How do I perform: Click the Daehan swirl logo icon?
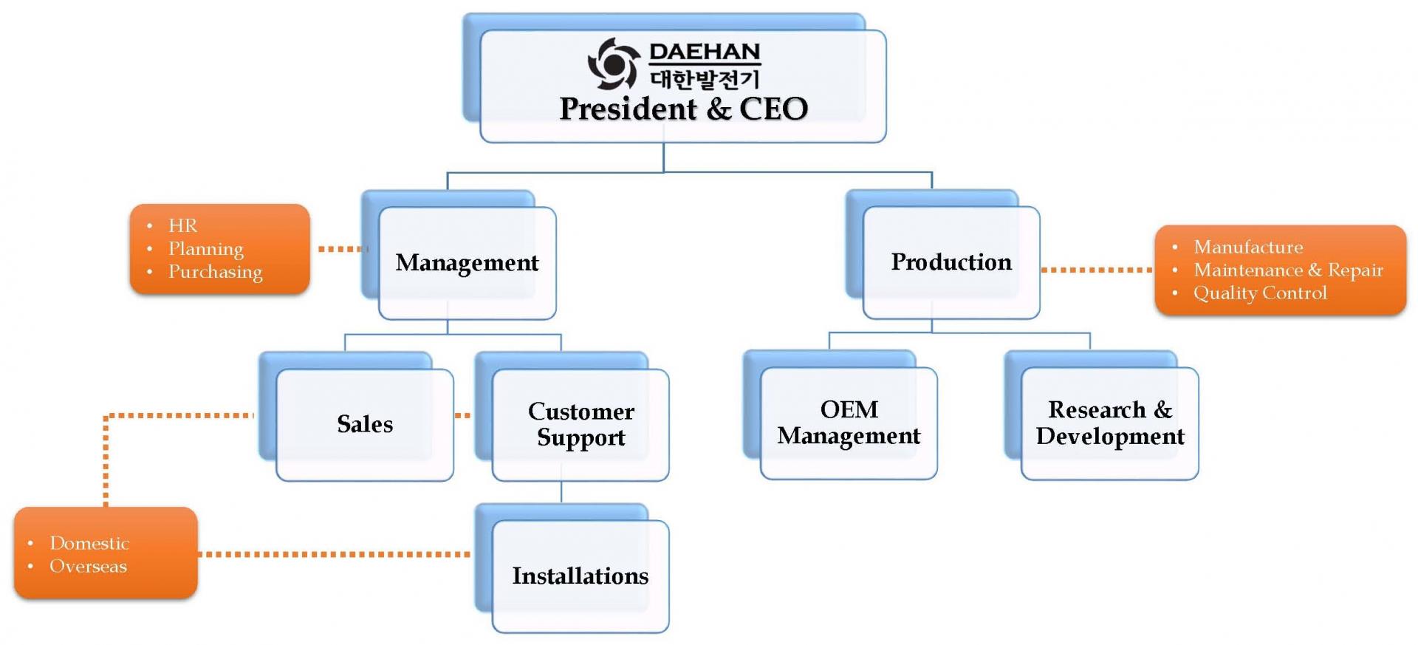tap(613, 64)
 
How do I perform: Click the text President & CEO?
tap(683, 109)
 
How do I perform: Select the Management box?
tap(467, 263)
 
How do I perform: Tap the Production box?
tap(951, 262)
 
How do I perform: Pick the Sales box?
tap(365, 424)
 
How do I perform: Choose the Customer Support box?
tap(580, 424)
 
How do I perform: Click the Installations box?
tap(580, 576)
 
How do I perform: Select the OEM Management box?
tap(849, 423)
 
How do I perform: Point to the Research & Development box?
tap(1109, 423)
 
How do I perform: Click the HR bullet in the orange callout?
tap(182, 225)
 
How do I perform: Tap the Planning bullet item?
tap(205, 249)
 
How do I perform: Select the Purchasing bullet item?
tap(215, 272)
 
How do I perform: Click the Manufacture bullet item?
tap(1248, 247)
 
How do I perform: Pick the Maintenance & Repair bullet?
tap(1288, 270)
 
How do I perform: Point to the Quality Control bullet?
tap(1260, 293)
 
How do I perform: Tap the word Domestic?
tap(89, 543)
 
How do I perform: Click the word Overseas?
tap(88, 566)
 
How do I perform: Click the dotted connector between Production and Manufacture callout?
tap(1097, 270)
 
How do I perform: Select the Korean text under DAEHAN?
tap(705, 78)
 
